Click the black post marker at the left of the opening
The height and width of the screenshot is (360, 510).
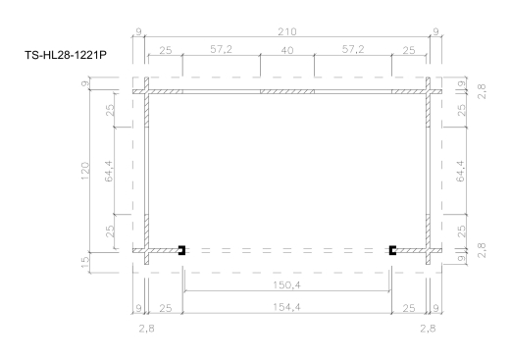click(x=182, y=250)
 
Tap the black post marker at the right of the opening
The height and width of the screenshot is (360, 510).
click(x=392, y=250)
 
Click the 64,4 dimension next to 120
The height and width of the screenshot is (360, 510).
click(x=111, y=172)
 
